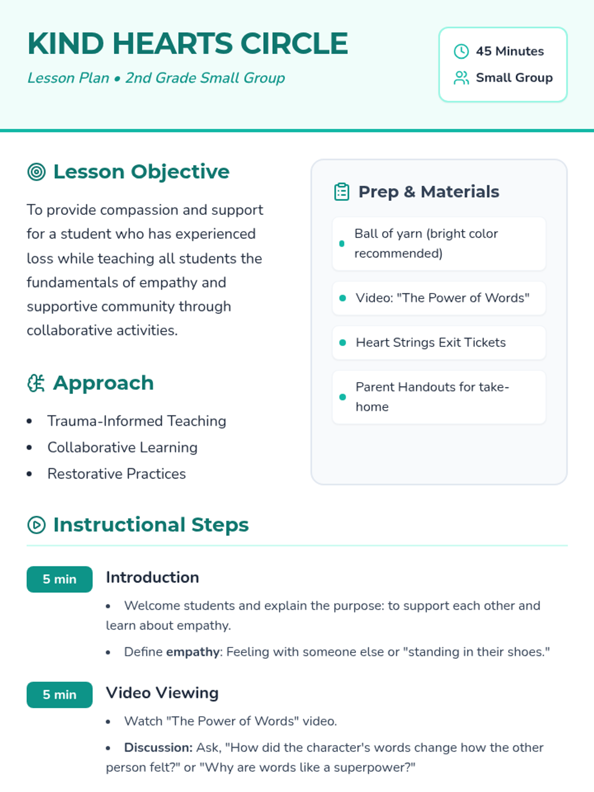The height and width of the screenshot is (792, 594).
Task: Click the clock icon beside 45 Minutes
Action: (x=461, y=51)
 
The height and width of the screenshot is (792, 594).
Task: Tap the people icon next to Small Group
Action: (x=461, y=78)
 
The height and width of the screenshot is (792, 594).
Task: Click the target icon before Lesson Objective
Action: (x=37, y=172)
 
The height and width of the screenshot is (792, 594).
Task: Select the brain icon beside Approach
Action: (x=36, y=383)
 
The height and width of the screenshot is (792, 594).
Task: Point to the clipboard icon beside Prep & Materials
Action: (x=342, y=192)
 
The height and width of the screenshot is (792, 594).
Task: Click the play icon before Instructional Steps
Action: (x=37, y=525)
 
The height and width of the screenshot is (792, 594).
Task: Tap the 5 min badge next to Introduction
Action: (x=59, y=579)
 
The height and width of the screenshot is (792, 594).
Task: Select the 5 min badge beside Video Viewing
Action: (x=59, y=694)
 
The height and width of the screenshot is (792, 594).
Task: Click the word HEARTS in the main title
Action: (x=172, y=44)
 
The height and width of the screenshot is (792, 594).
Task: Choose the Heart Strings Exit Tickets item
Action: (x=431, y=343)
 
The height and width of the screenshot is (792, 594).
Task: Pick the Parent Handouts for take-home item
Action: (x=432, y=397)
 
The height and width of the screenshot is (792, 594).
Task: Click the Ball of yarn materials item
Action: (x=426, y=244)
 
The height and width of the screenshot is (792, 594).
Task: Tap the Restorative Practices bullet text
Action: (x=116, y=474)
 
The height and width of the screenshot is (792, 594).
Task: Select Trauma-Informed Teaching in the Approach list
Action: (x=137, y=421)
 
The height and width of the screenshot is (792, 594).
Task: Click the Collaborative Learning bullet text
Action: (x=122, y=447)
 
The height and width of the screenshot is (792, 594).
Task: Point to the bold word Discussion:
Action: (x=158, y=747)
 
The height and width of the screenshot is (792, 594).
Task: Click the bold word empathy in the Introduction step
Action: (x=193, y=652)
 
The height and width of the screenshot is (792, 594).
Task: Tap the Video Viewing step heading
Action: (x=162, y=693)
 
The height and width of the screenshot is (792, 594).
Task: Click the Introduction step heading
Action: (x=152, y=578)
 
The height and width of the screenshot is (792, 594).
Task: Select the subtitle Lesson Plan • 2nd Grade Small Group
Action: (x=156, y=78)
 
